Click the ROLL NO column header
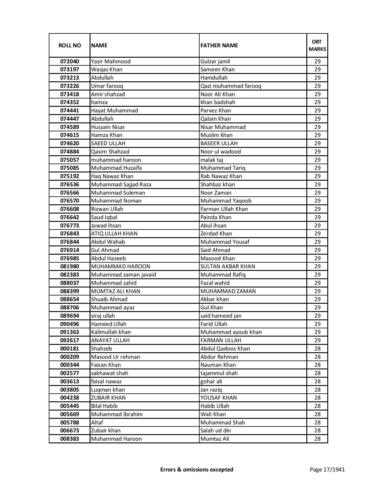click(x=69, y=45)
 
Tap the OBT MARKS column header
click(x=317, y=45)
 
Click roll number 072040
click(x=69, y=62)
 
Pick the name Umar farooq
click(x=107, y=86)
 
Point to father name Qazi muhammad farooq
click(x=231, y=86)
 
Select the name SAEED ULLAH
click(x=108, y=143)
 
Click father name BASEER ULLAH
click(x=219, y=143)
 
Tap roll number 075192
click(x=69, y=176)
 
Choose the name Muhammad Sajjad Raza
click(x=121, y=185)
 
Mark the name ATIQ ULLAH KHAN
click(x=114, y=234)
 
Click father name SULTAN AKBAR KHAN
click(x=228, y=266)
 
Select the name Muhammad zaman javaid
click(x=123, y=275)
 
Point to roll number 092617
click(x=69, y=340)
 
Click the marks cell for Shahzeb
click(x=317, y=349)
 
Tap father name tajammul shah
click(x=219, y=373)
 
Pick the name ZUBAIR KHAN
click(x=108, y=398)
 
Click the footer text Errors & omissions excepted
click(x=197, y=469)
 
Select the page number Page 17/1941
click(x=327, y=469)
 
